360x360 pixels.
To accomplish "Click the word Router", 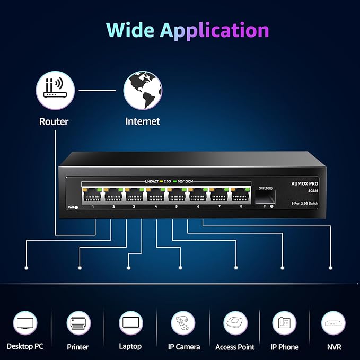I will (x=54, y=121).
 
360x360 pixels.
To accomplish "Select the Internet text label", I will (x=143, y=121).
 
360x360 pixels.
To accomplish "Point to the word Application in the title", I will (x=215, y=30).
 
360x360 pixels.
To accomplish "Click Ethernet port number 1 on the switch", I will (x=93, y=195).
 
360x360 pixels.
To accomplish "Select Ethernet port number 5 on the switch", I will (x=177, y=195).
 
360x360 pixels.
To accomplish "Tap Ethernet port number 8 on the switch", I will (x=240, y=195).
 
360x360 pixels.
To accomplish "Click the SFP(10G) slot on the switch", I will (x=265, y=197).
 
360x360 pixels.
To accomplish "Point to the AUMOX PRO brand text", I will (x=304, y=183).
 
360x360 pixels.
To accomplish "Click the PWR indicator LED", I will (x=76, y=207).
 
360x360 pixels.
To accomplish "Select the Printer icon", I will (x=78, y=323).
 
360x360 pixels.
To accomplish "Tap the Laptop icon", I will (x=130, y=323).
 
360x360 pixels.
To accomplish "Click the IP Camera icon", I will (x=184, y=323).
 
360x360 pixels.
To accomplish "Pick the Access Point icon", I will (x=235, y=323).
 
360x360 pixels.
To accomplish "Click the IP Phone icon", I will (x=285, y=323).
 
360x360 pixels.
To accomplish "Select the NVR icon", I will (x=333, y=323).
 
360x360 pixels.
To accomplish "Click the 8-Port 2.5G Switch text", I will (x=304, y=204).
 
